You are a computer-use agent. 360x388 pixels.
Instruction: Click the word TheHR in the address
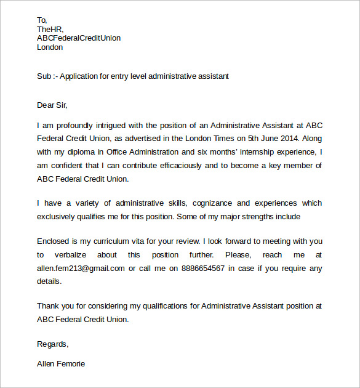click(x=50, y=29)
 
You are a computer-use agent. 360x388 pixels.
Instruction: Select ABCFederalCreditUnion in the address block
click(x=79, y=38)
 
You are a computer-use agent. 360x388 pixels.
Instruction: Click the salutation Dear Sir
click(x=52, y=105)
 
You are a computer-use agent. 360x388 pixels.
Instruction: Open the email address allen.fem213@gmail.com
click(x=81, y=269)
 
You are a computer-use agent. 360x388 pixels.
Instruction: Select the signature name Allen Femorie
click(x=61, y=363)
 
